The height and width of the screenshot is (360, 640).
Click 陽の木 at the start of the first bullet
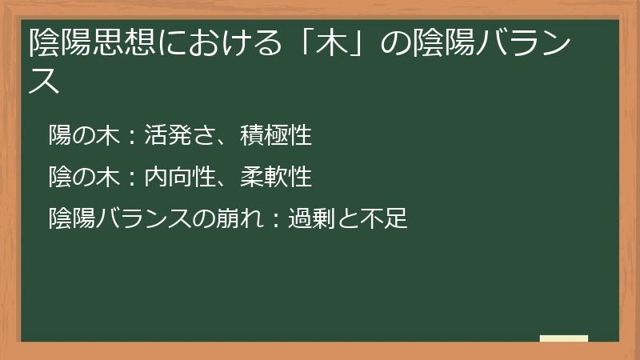(83, 135)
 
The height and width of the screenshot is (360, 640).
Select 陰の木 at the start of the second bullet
(83, 176)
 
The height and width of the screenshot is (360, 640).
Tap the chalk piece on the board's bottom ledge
(564, 339)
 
